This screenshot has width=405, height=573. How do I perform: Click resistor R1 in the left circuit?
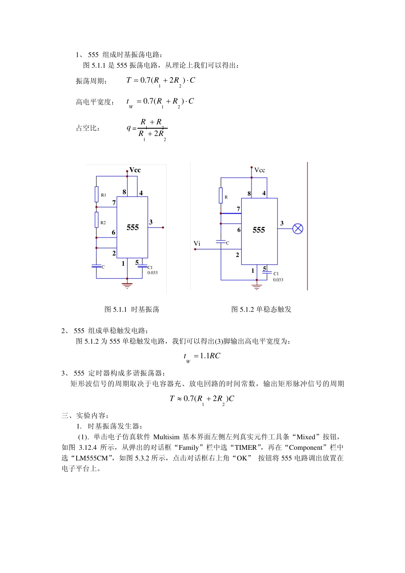[x=97, y=194]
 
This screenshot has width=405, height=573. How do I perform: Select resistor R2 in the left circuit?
[x=97, y=220]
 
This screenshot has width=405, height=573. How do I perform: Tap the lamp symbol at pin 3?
[x=298, y=229]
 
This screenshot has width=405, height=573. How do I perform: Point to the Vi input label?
[x=197, y=244]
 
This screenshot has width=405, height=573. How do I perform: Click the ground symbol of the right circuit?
[x=256, y=286]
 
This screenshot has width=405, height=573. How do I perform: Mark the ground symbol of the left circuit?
[x=127, y=285]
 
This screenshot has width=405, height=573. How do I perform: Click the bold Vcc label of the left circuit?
[x=135, y=170]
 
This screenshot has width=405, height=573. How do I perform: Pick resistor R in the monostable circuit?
[x=221, y=195]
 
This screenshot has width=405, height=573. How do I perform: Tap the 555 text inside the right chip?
[x=259, y=230]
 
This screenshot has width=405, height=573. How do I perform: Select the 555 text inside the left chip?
[x=133, y=228]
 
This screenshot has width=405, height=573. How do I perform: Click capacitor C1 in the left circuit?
[x=142, y=267]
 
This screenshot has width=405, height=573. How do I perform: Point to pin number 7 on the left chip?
[x=114, y=203]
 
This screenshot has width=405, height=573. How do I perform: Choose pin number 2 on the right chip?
[x=237, y=255]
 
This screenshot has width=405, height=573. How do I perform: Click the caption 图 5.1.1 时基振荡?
[x=132, y=310]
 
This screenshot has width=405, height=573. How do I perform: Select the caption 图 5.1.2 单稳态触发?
[x=261, y=310]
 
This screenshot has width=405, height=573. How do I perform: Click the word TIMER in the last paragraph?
[x=246, y=448]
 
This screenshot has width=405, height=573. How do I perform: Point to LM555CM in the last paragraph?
[x=92, y=458]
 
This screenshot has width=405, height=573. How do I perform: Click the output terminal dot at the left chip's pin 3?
[x=163, y=228]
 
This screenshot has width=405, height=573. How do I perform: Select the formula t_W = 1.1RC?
[x=202, y=356]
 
